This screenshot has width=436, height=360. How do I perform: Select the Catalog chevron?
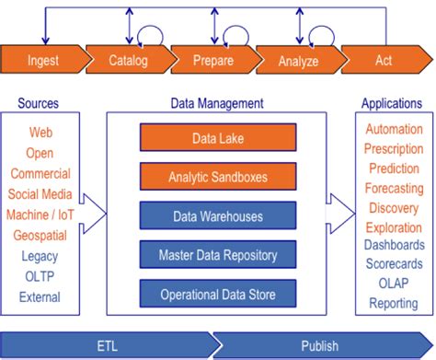pyautogui.click(x=130, y=62)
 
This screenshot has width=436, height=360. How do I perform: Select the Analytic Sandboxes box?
pyautogui.click(x=218, y=176)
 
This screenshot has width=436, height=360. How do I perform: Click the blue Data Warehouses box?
pyautogui.click(x=218, y=216)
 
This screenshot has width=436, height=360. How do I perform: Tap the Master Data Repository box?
pyautogui.click(x=218, y=255)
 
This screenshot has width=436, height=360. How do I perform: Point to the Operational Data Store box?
pyautogui.click(x=218, y=295)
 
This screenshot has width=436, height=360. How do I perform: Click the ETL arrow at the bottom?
pyautogui.click(x=107, y=344)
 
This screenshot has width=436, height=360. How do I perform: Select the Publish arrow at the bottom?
pyautogui.click(x=323, y=344)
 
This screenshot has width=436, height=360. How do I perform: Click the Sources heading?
pyautogui.click(x=40, y=103)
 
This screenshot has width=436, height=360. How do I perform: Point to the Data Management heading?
pyautogui.click(x=218, y=103)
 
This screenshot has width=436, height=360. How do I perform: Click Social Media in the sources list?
pyautogui.click(x=40, y=194)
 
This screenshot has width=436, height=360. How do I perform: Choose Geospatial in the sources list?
pyautogui.click(x=40, y=235)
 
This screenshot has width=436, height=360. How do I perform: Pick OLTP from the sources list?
pyautogui.click(x=40, y=276)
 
